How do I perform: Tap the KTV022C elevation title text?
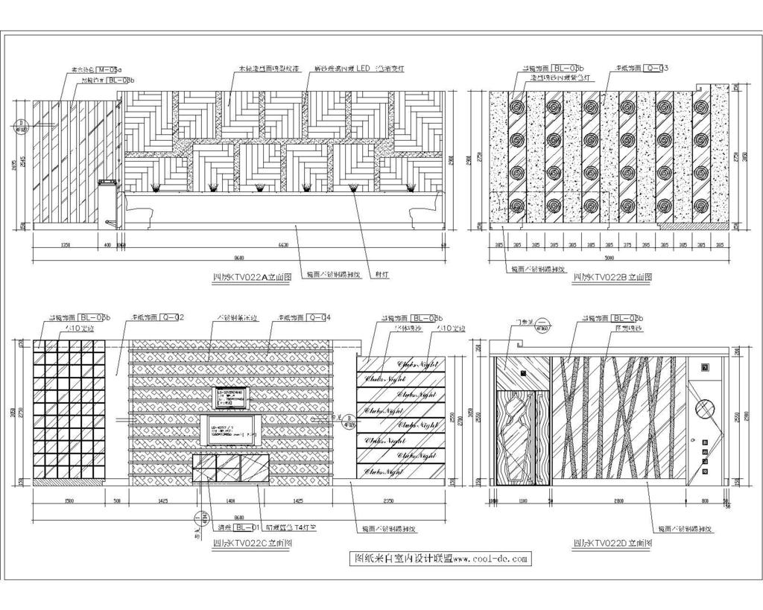(252, 544)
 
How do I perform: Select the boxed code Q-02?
(171, 317)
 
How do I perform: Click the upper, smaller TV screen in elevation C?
(232, 397)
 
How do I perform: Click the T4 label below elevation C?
(297, 526)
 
